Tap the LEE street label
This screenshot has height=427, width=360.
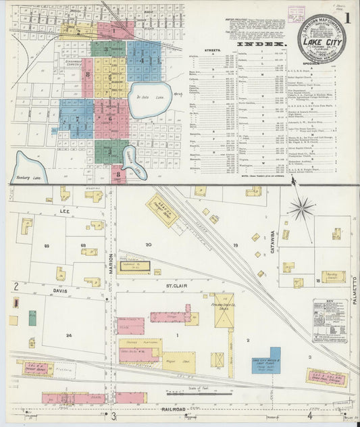point(66,211)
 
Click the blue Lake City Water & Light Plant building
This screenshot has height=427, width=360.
point(265,363)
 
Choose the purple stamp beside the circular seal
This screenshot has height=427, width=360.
point(294,11)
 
